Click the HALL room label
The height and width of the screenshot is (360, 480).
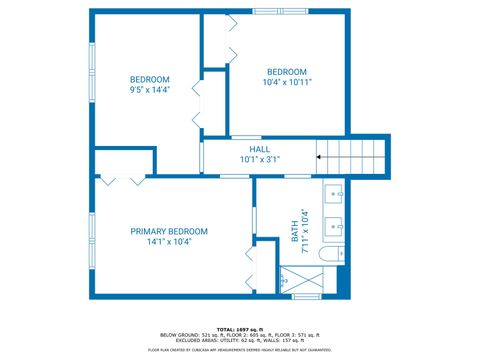point(259,148)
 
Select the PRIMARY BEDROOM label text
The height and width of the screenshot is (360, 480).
point(168,230)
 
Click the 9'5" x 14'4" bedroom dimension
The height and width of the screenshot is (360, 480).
point(150,89)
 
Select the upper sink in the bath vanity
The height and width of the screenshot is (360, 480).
point(334,194)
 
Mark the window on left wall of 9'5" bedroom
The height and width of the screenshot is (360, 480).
point(91,71)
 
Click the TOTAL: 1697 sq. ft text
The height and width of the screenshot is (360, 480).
point(240,329)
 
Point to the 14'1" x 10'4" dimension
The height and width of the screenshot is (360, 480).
point(168,241)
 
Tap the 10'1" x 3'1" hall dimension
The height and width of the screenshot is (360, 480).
point(259,158)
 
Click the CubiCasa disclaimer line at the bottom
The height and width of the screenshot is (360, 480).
point(240,349)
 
